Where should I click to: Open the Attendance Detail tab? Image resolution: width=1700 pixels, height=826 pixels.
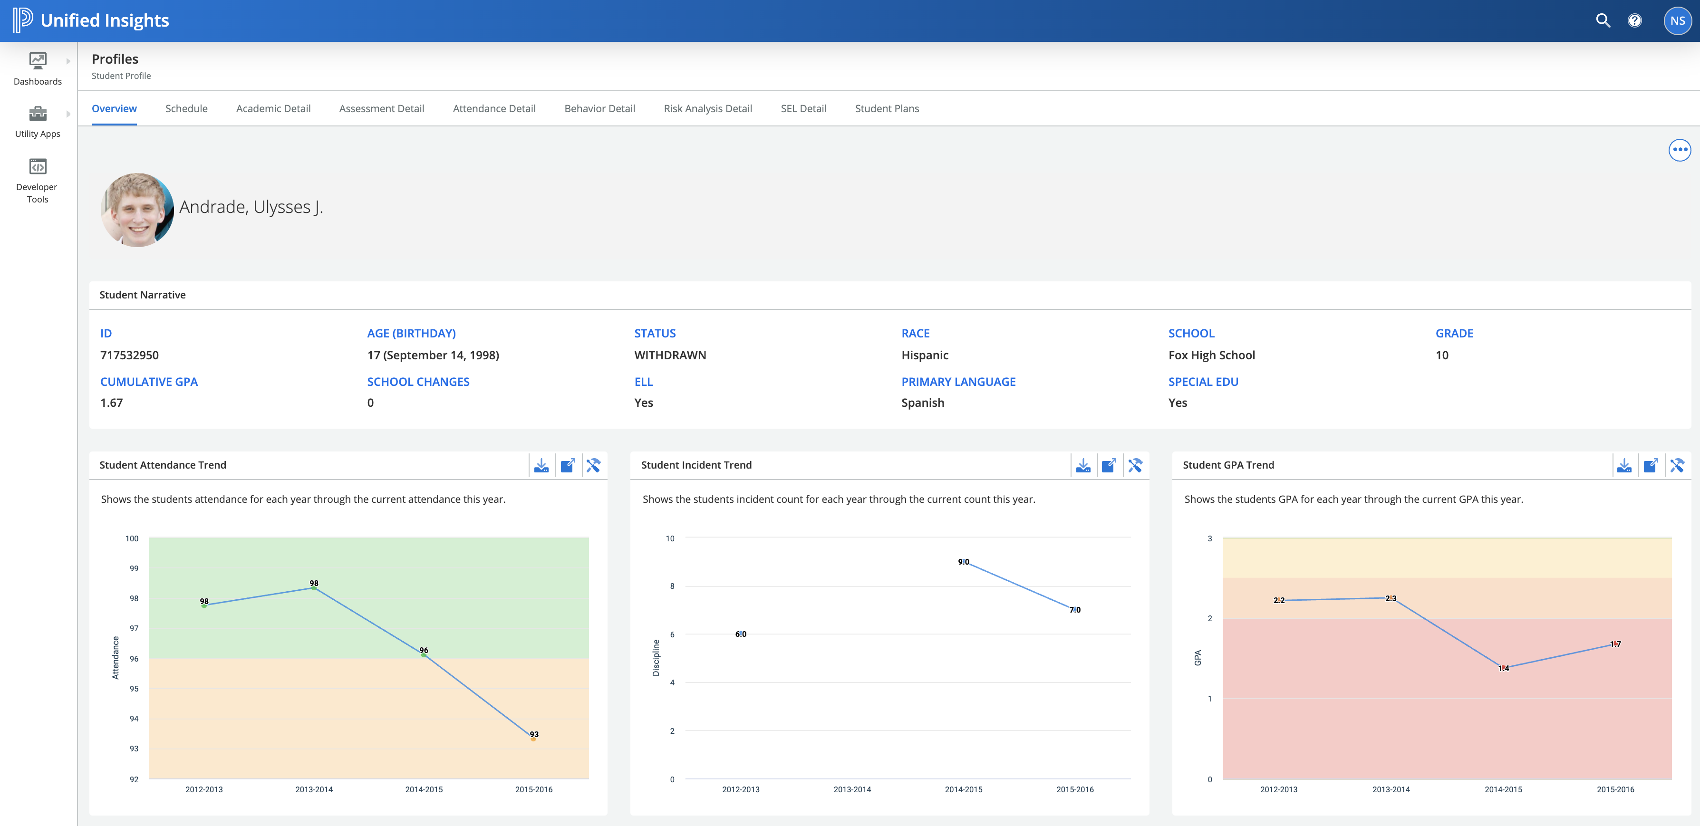[493, 109]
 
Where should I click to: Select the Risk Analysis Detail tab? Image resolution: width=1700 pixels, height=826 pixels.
[707, 109]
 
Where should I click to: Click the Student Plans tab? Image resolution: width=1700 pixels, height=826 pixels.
[886, 109]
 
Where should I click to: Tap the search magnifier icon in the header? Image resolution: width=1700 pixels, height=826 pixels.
[1603, 20]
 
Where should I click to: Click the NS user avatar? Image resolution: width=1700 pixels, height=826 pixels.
[1677, 20]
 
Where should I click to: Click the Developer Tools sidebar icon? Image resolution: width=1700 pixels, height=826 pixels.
[38, 167]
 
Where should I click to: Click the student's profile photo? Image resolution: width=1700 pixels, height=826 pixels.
[137, 210]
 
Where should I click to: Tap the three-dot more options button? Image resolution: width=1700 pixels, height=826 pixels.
[1679, 150]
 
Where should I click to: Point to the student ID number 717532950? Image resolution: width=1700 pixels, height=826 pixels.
[129, 355]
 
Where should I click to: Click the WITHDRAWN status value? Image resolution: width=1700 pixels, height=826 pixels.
[670, 355]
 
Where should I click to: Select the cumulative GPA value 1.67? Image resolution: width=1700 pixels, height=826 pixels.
[112, 403]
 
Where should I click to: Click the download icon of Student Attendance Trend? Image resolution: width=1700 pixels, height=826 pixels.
[541, 466]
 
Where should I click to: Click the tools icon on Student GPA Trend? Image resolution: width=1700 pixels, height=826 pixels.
[1676, 466]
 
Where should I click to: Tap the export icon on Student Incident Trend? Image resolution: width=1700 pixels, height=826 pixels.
[1109, 466]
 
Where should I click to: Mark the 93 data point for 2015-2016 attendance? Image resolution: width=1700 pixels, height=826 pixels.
[533, 738]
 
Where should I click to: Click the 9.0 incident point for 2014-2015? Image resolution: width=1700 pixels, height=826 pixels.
[964, 562]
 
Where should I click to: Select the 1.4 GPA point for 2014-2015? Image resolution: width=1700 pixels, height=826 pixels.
[1503, 668]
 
